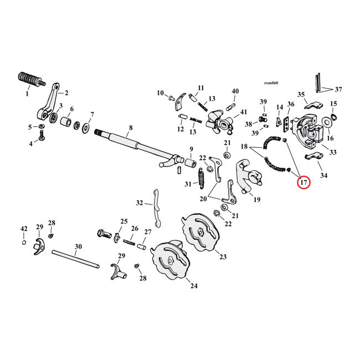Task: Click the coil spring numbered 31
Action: click(202, 179)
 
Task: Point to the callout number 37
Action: click(338, 89)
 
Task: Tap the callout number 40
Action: click(235, 91)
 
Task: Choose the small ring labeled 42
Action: click(23, 243)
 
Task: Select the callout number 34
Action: click(323, 176)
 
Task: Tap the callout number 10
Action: click(161, 92)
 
